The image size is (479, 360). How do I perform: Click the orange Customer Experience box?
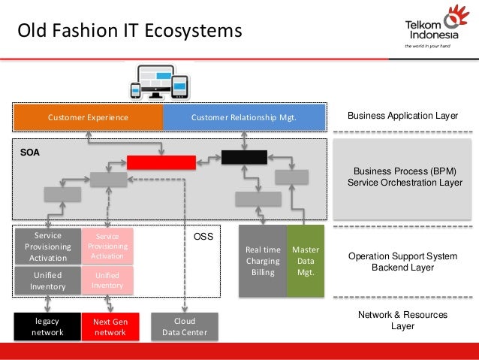(88, 117)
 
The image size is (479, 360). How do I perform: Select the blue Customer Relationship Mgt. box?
(244, 117)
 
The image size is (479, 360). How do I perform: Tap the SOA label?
(30, 152)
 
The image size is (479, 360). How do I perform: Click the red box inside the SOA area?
(161, 162)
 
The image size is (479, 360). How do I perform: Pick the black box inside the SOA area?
(244, 157)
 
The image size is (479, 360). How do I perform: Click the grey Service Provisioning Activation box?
(48, 246)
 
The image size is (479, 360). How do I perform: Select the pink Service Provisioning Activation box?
(107, 246)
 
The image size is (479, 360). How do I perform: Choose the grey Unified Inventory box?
(48, 280)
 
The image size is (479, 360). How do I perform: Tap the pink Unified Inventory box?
(107, 280)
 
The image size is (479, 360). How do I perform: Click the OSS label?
(203, 237)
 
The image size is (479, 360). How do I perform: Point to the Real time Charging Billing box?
(263, 261)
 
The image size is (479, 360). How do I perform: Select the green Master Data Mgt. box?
(306, 261)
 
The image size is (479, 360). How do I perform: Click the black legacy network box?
(47, 327)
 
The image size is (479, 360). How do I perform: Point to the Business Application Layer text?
(403, 116)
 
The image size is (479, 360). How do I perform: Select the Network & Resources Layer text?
(403, 321)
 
